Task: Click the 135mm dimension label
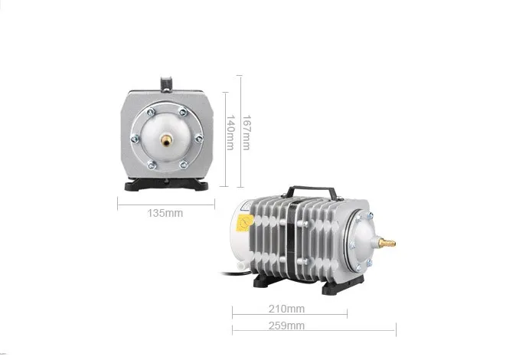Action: point(165,214)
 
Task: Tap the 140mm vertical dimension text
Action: point(230,132)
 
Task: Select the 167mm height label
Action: point(245,132)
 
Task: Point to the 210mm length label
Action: point(288,309)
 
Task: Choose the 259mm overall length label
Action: point(288,326)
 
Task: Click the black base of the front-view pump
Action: point(165,185)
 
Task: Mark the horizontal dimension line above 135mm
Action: point(166,202)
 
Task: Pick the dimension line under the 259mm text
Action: point(314,331)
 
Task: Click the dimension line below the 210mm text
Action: point(289,314)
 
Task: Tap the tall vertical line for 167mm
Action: point(240,132)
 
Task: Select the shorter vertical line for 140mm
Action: point(225,139)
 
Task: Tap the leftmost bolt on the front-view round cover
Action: point(136,139)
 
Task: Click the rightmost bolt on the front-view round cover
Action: point(198,139)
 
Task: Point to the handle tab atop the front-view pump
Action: point(165,82)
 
